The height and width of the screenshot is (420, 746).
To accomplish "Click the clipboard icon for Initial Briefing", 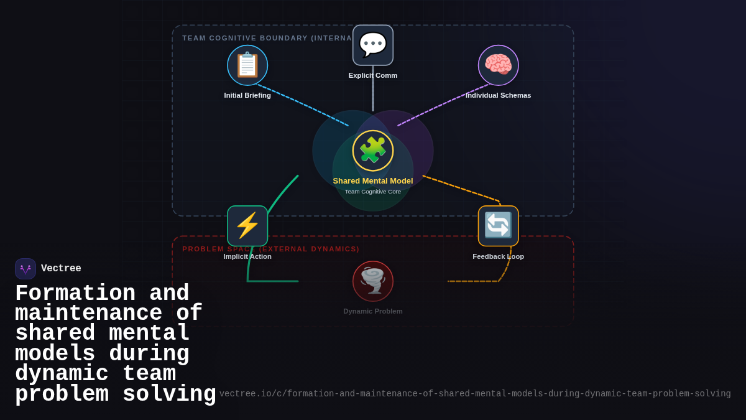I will pyautogui.click(x=247, y=65).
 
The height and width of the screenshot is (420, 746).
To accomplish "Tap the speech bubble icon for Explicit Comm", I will pyautogui.click(x=373, y=45).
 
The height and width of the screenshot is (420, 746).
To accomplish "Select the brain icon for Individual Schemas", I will pyautogui.click(x=499, y=65).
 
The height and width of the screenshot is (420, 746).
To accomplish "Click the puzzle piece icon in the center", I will pyautogui.click(x=373, y=151).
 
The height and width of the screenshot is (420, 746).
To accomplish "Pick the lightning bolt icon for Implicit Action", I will pyautogui.click(x=247, y=226).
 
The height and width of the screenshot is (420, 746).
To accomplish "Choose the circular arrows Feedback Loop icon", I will pyautogui.click(x=499, y=226).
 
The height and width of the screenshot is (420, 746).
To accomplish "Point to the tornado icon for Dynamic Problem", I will pyautogui.click(x=373, y=281).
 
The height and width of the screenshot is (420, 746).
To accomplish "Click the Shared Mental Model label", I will pyautogui.click(x=373, y=181).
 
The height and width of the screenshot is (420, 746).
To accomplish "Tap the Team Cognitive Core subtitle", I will pyautogui.click(x=373, y=192).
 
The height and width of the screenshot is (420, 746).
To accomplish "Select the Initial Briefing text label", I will pyautogui.click(x=247, y=95).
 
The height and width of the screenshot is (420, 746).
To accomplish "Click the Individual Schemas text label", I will pyautogui.click(x=499, y=95).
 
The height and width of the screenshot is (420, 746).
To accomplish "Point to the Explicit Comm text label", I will pyautogui.click(x=373, y=75).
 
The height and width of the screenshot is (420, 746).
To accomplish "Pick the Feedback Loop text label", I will pyautogui.click(x=499, y=256).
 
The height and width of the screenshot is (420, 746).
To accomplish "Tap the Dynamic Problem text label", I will pyautogui.click(x=373, y=311).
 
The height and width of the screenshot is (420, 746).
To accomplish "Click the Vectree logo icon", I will pyautogui.click(x=25, y=269).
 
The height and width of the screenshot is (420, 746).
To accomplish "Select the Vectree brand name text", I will pyautogui.click(x=61, y=269).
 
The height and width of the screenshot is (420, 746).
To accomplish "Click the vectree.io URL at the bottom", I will pyautogui.click(x=475, y=394).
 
